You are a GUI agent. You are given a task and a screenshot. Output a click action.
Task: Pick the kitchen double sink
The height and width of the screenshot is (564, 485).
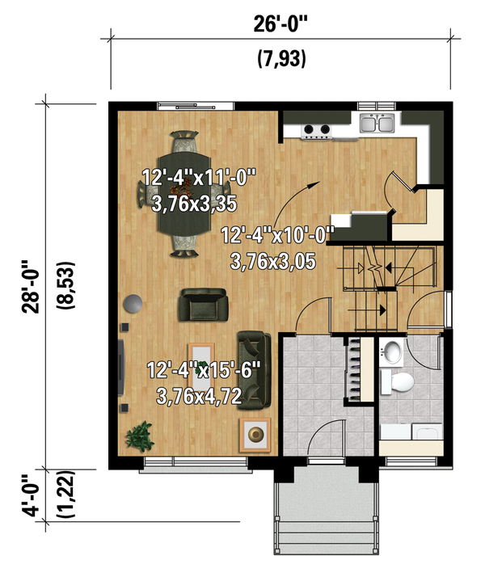(x=377, y=124)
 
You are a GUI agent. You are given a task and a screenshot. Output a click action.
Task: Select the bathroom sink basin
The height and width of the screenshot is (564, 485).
(x=392, y=352)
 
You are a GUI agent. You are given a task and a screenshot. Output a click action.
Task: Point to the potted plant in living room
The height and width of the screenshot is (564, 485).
(x=141, y=436)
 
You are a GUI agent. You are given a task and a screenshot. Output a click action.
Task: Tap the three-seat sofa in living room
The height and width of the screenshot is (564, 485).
(x=255, y=368)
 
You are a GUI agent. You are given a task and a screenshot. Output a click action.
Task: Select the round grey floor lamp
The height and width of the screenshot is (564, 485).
(x=131, y=304)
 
